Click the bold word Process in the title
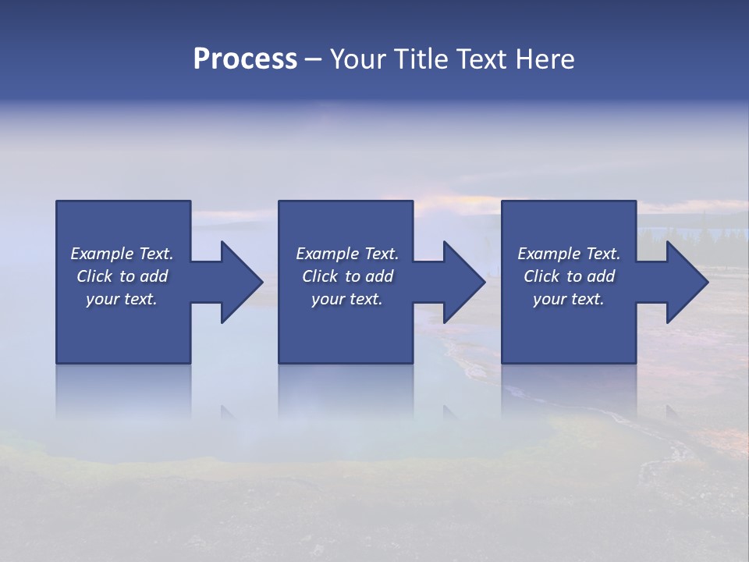[x=245, y=59]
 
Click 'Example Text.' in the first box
[x=122, y=254]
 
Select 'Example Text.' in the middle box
[x=346, y=254]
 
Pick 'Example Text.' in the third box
[x=569, y=254]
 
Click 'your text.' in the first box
[x=122, y=299]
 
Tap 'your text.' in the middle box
[x=346, y=299]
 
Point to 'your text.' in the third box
[x=569, y=299]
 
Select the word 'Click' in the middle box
[x=320, y=276]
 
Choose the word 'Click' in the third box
[x=541, y=276]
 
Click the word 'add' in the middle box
[x=379, y=276]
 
